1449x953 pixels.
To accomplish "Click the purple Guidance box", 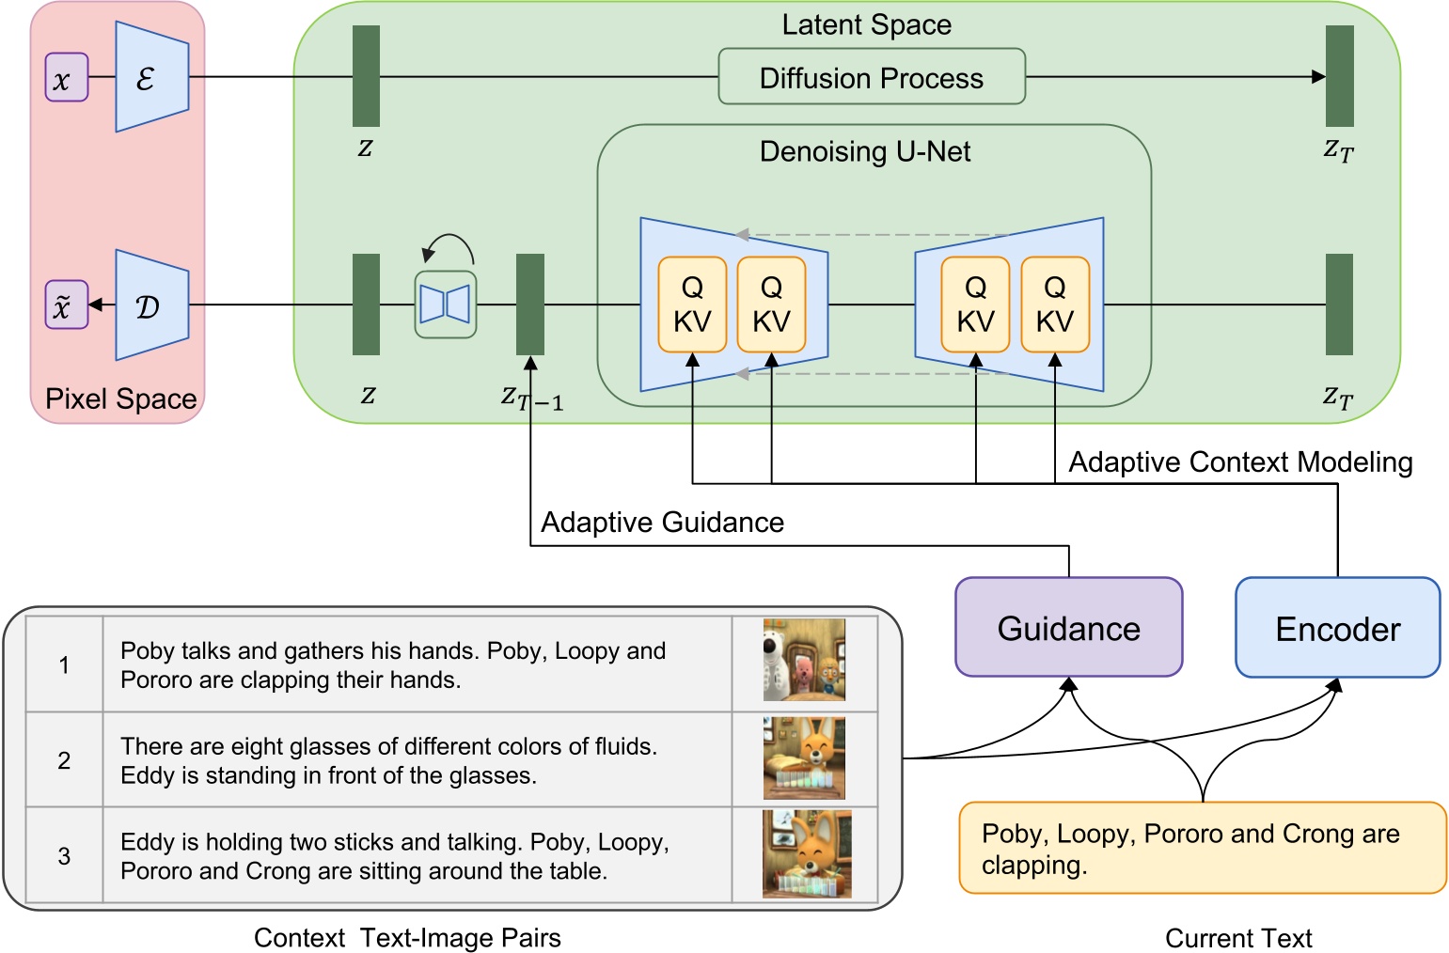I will click(1068, 627).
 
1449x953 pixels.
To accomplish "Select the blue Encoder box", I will click(1336, 627).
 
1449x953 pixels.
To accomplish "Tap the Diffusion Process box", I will click(871, 77).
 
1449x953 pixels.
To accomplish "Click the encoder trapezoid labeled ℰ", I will click(150, 78).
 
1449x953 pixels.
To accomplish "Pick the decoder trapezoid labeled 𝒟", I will click(150, 305).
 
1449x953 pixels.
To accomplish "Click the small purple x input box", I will click(66, 78).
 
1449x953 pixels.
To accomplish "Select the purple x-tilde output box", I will click(66, 305).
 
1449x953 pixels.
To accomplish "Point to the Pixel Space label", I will click(120, 398).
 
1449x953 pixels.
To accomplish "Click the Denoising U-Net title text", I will click(864, 151).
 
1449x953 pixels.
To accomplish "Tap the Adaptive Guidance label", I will click(662, 522).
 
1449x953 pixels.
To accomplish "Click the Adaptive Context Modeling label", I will click(1239, 461).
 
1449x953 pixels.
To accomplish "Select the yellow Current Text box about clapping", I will click(1201, 848).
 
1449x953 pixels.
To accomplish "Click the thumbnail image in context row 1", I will click(803, 660).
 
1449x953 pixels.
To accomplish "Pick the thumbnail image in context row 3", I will click(805, 853).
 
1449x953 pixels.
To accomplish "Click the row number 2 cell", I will click(64, 759).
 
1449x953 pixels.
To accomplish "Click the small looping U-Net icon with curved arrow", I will click(446, 304).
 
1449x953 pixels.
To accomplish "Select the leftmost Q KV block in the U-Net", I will click(692, 305).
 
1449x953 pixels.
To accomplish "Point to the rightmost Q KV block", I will click(1054, 305).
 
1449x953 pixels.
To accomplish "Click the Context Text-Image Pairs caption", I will click(407, 937).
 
